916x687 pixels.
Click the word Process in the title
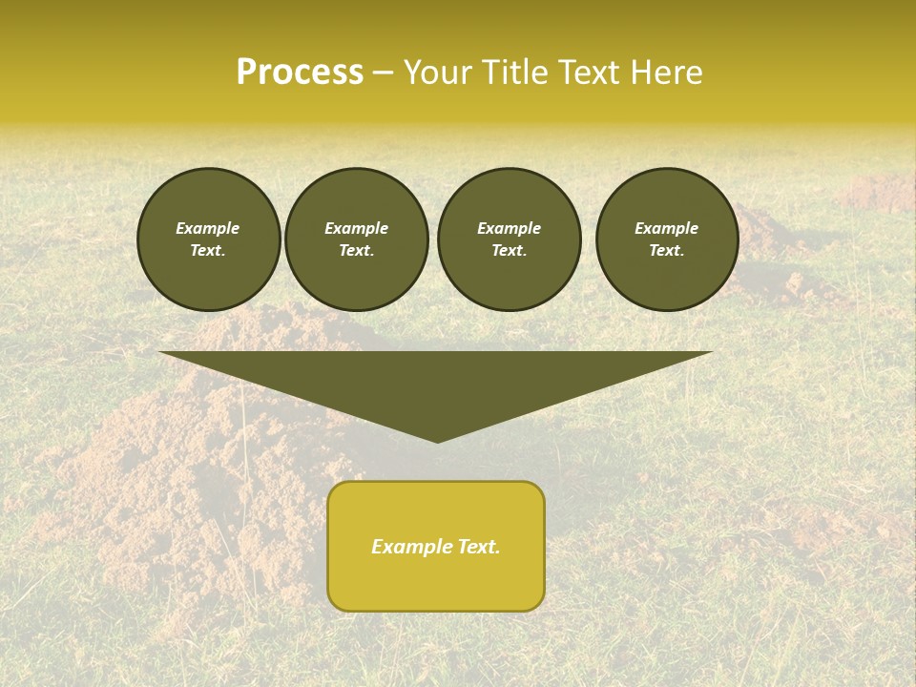coord(300,73)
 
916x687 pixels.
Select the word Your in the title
coord(436,73)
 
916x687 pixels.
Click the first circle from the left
coord(208,239)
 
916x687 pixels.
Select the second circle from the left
coord(356,239)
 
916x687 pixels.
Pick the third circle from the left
coord(509,239)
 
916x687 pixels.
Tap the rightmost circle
coord(666,239)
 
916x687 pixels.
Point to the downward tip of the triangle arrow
coord(437,440)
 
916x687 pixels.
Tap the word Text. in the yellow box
coord(476,547)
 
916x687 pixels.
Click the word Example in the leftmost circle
coord(208,228)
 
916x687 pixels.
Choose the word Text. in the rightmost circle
coord(666,251)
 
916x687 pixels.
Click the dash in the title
coord(384,73)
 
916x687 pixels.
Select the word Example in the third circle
coord(509,228)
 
